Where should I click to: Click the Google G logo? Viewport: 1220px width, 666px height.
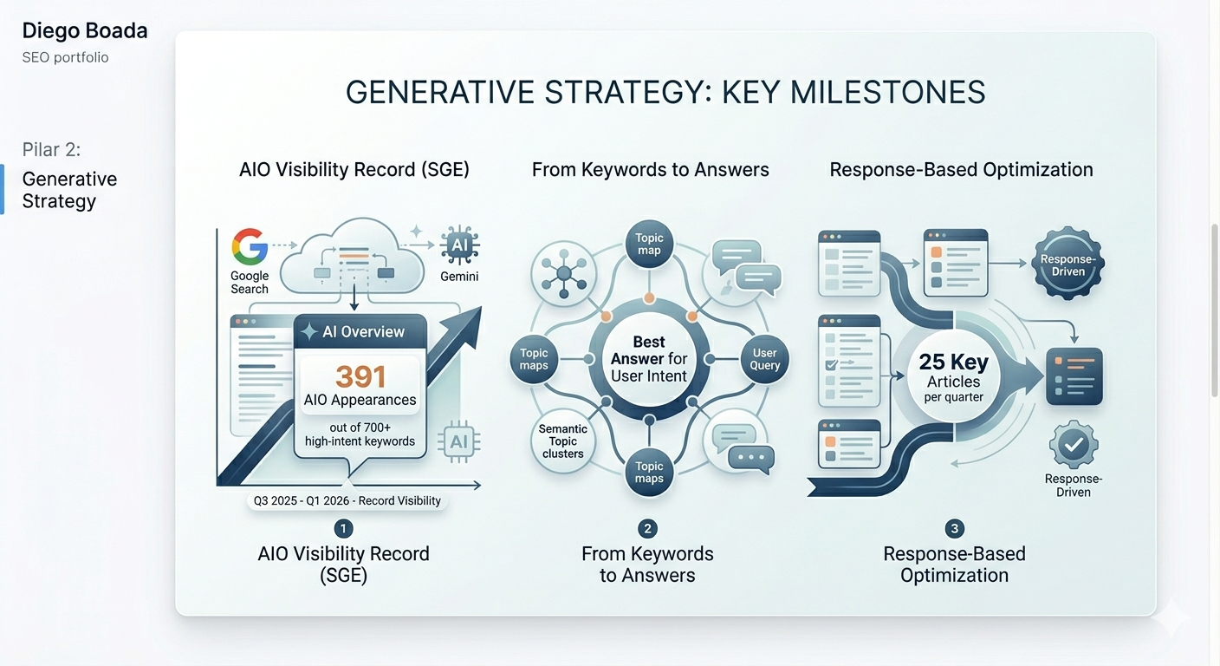[x=250, y=246]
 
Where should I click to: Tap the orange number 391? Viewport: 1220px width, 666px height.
[x=360, y=376]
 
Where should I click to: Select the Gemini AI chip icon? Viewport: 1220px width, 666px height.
[x=459, y=246]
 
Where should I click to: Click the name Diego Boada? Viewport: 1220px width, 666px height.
[x=85, y=31]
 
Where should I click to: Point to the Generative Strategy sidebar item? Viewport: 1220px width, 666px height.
[x=69, y=190]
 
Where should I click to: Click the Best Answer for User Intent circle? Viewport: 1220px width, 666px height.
[x=649, y=359]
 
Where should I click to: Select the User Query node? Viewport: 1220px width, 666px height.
[x=764, y=359]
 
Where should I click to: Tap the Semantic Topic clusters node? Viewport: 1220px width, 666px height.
[x=562, y=441]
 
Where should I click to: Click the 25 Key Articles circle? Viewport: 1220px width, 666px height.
[x=953, y=375]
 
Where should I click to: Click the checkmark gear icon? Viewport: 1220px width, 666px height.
[x=1074, y=445]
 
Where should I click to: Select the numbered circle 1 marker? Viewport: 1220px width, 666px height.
[x=343, y=528]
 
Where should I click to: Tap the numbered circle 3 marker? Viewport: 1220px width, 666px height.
[x=954, y=528]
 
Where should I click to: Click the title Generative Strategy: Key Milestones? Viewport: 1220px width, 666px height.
[x=665, y=92]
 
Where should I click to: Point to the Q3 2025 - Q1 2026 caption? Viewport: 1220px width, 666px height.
[x=347, y=500]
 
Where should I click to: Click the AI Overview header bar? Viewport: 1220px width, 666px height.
[x=360, y=331]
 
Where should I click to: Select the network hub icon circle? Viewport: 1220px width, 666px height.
[x=564, y=274]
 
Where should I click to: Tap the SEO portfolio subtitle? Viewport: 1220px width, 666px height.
[x=65, y=57]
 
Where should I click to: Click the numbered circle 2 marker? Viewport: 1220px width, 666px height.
[x=646, y=528]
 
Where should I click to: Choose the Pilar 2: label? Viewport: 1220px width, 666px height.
[x=51, y=149]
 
